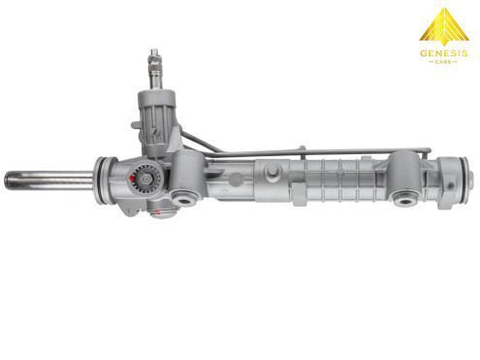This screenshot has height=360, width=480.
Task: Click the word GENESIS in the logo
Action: (x=443, y=52)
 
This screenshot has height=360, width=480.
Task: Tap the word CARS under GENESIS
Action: (x=443, y=61)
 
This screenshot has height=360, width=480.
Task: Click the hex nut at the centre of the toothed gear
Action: (x=144, y=179)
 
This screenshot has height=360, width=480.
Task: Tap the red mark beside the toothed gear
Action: (x=132, y=179)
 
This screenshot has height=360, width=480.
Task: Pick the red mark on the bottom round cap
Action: (x=157, y=213)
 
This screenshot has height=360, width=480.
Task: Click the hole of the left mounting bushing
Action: (x=184, y=201)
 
